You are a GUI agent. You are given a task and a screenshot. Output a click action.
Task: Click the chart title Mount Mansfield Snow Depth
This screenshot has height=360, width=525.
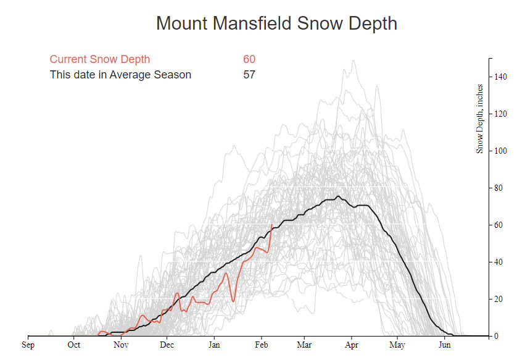coord(276,23)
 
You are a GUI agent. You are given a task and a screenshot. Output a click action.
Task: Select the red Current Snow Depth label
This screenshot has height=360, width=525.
coord(99,59)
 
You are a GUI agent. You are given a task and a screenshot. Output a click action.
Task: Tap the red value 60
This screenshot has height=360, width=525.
coord(249,59)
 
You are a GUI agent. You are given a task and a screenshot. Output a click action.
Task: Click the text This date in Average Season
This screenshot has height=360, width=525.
coord(120,75)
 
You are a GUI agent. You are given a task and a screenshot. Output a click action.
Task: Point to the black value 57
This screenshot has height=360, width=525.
coord(249,75)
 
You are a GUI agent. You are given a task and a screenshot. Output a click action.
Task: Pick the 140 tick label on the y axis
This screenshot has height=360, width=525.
coord(500,77)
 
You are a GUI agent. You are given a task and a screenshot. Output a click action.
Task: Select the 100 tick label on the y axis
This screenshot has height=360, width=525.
coord(500,151)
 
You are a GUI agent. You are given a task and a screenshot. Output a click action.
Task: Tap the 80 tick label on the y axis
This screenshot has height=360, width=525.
coord(498,188)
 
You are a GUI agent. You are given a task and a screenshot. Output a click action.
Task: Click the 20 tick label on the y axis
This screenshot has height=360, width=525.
coord(498,299)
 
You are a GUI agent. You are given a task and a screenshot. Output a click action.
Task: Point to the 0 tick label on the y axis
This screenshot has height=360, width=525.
coord(497,336)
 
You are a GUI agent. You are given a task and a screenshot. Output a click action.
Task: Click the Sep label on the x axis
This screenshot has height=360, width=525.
coord(28,345)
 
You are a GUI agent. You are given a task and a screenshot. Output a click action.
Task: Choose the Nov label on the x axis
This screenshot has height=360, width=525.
coord(120,345)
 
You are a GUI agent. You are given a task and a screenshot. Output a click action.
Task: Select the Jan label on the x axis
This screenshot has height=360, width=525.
coord(214,345)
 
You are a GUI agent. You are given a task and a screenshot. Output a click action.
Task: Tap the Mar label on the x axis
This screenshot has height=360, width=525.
coord(304,345)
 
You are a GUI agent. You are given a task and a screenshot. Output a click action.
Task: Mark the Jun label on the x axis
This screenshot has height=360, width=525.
coord(444,345)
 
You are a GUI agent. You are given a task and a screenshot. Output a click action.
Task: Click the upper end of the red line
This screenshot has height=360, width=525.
coord(271,225)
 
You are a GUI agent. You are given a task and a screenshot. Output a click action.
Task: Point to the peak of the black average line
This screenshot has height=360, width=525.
coord(338,196)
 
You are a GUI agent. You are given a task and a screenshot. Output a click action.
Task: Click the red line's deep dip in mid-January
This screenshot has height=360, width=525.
coord(233,301)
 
